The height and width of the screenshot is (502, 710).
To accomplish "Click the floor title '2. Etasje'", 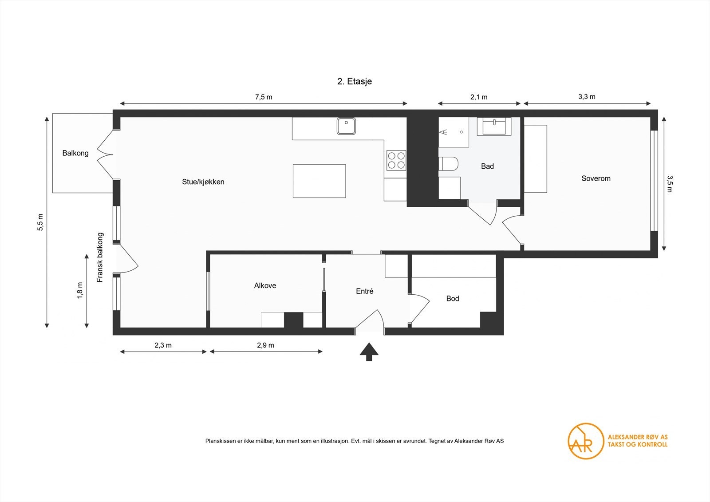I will (354, 81).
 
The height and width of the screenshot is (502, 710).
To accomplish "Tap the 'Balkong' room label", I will (75, 153).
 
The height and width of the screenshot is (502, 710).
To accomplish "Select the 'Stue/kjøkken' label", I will (203, 182).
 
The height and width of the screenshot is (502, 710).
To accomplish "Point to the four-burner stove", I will (396, 160).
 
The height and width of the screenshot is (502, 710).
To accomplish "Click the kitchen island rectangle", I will (319, 181).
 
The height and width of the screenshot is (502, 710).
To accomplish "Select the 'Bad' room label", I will (487, 166).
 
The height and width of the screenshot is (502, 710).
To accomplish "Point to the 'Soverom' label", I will (596, 178).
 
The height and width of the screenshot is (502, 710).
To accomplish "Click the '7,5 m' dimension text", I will (264, 97).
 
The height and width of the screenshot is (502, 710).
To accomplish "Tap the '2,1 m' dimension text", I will (479, 97).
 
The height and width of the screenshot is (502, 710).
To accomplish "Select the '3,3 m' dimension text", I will (587, 96).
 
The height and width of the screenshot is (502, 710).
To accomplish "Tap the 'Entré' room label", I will (365, 291).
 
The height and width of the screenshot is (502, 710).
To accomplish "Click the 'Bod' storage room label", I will (453, 298).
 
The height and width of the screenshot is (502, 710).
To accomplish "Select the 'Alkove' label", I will (265, 285).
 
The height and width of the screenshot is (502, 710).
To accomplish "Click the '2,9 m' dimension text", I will (265, 345).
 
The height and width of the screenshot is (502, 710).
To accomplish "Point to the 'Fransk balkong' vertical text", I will (100, 257).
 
